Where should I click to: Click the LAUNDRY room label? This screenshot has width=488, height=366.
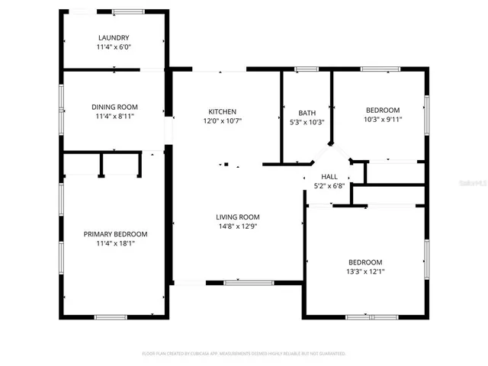[114, 37]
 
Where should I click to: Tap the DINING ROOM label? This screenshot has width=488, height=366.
[115, 108]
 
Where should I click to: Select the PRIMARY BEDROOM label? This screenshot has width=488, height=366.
[115, 234]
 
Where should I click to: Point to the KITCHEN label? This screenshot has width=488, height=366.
[222, 111]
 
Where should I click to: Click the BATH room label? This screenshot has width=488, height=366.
[307, 113]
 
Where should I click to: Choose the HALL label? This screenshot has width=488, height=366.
[329, 176]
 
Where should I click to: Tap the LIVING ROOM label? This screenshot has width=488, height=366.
[237, 217]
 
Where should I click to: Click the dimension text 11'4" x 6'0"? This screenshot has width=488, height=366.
[114, 47]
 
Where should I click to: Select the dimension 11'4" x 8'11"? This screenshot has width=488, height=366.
[115, 117]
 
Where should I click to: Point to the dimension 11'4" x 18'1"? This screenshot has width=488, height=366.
[115, 244]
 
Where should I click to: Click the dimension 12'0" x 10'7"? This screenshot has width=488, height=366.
[222, 121]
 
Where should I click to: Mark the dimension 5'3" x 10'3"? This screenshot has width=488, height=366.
[307, 123]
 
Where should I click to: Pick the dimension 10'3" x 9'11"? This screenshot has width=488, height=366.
[382, 119]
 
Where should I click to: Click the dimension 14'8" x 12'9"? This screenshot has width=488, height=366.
[237, 226]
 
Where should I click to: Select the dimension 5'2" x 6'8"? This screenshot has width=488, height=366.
[329, 186]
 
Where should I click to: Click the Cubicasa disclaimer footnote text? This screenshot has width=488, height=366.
[244, 354]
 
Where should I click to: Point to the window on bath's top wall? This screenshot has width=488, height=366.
[307, 70]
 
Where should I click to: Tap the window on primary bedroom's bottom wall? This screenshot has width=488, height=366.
[115, 316]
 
